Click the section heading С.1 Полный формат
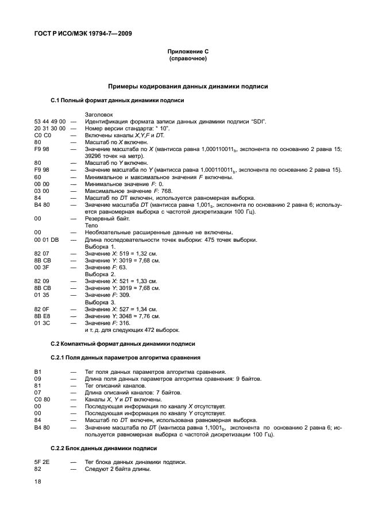pyautogui.click(x=117, y=100)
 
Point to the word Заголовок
pyautogui.click(x=99, y=114)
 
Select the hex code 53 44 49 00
pyautogui.click(x=50, y=121)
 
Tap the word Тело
pyautogui.click(x=91, y=226)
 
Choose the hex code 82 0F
pyautogui.click(x=42, y=309)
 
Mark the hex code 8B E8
pyautogui.click(x=42, y=316)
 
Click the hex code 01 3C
pyautogui.click(x=42, y=323)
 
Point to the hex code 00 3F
pyautogui.click(x=42, y=267)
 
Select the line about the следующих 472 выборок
pyautogui.click(x=132, y=330)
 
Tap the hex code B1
pyautogui.click(x=38, y=372)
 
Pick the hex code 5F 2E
pyautogui.click(x=41, y=462)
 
